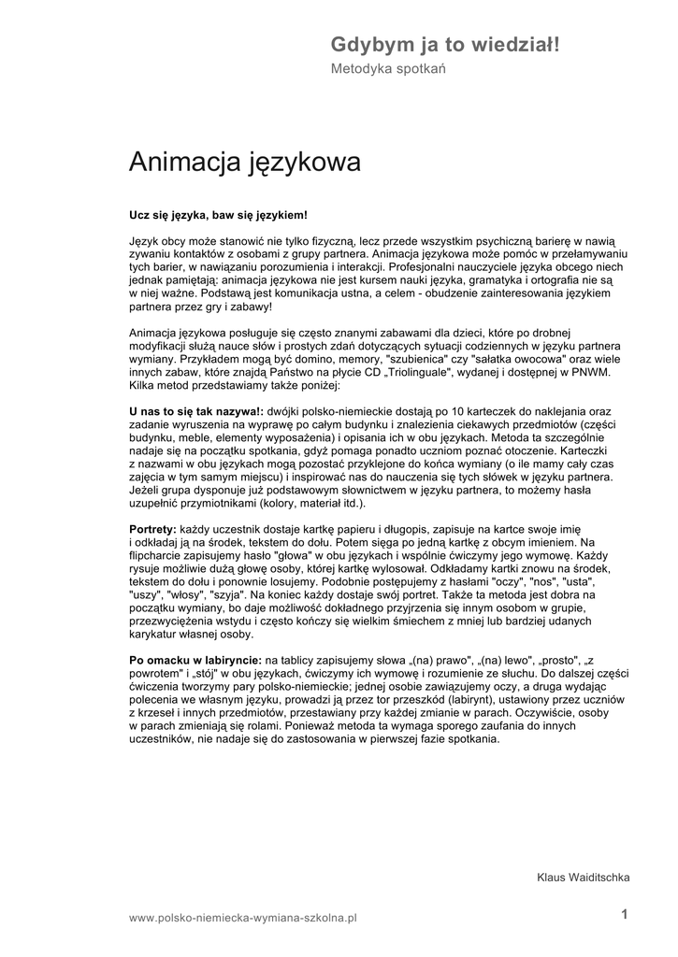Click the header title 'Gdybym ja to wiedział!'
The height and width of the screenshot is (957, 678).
pyautogui.click(x=445, y=44)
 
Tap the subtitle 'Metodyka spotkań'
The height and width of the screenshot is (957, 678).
pyautogui.click(x=388, y=69)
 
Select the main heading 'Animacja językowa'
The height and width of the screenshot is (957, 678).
pyautogui.click(x=244, y=163)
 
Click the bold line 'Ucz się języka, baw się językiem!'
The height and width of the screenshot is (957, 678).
pyautogui.click(x=218, y=215)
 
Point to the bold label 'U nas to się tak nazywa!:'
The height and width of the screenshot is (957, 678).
pyautogui.click(x=195, y=410)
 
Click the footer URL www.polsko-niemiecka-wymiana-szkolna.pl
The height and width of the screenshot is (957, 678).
pyautogui.click(x=243, y=919)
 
